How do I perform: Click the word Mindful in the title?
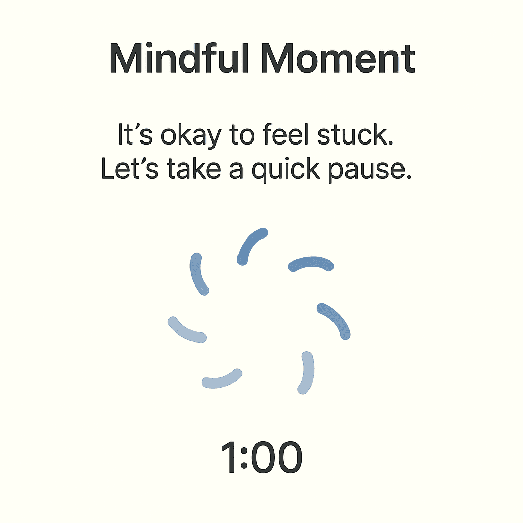point(179,58)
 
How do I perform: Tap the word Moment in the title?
point(338,58)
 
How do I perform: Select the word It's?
point(135,134)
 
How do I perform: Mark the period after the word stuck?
point(391,143)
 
